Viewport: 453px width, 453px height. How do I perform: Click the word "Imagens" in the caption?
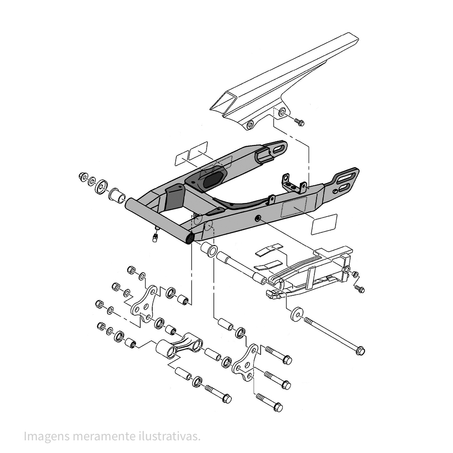click(47, 437)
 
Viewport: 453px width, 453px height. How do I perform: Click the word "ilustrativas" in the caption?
click(169, 436)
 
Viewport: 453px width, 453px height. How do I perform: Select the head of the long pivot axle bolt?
click(361, 351)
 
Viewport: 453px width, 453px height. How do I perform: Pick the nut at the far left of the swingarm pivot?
click(83, 176)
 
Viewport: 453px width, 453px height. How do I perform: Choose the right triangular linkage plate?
click(245, 361)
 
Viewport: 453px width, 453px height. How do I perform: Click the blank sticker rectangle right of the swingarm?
click(324, 224)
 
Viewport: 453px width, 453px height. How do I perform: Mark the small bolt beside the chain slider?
click(360, 289)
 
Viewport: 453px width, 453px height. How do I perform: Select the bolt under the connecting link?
click(218, 394)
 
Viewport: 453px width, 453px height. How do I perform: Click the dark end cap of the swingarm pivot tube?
click(190, 238)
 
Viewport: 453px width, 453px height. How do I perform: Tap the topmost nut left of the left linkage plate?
click(131, 270)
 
